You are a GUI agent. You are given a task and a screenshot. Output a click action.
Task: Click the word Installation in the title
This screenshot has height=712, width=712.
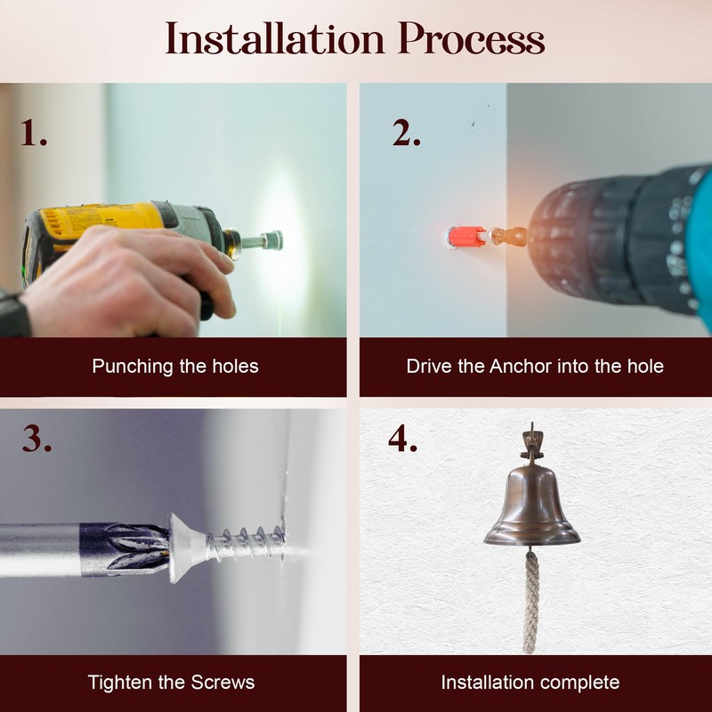(275, 38)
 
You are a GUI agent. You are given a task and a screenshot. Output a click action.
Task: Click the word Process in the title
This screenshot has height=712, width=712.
(472, 38)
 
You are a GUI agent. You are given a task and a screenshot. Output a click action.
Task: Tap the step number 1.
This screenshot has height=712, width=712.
(34, 133)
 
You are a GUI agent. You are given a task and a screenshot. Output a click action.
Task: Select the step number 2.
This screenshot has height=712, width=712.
(407, 133)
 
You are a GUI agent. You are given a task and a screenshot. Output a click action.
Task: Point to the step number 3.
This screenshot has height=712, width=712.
(36, 439)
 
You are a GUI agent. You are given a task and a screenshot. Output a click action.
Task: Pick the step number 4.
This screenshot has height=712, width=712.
(403, 439)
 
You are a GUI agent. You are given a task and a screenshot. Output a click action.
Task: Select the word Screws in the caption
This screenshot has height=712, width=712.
(222, 683)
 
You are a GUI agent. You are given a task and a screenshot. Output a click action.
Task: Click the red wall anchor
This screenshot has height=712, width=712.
(466, 236)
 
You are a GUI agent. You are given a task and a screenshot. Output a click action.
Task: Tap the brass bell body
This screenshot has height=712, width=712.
(531, 506)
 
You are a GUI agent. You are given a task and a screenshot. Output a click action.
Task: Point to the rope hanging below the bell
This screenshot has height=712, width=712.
(530, 602)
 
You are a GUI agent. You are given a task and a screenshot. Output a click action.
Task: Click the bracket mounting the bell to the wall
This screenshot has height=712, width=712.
(531, 444)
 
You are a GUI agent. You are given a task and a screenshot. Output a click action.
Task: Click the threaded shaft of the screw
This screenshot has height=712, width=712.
(246, 544)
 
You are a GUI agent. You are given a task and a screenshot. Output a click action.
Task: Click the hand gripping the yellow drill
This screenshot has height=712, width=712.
(123, 280)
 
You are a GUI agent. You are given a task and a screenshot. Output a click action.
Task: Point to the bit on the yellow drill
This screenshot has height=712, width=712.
(259, 240)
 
